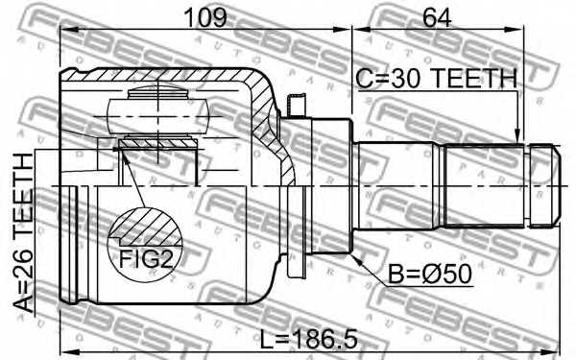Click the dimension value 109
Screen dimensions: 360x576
204,16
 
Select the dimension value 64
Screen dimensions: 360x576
441,16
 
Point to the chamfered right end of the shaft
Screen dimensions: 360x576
549,186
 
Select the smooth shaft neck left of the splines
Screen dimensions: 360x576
399,186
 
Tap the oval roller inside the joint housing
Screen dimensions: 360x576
158,108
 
